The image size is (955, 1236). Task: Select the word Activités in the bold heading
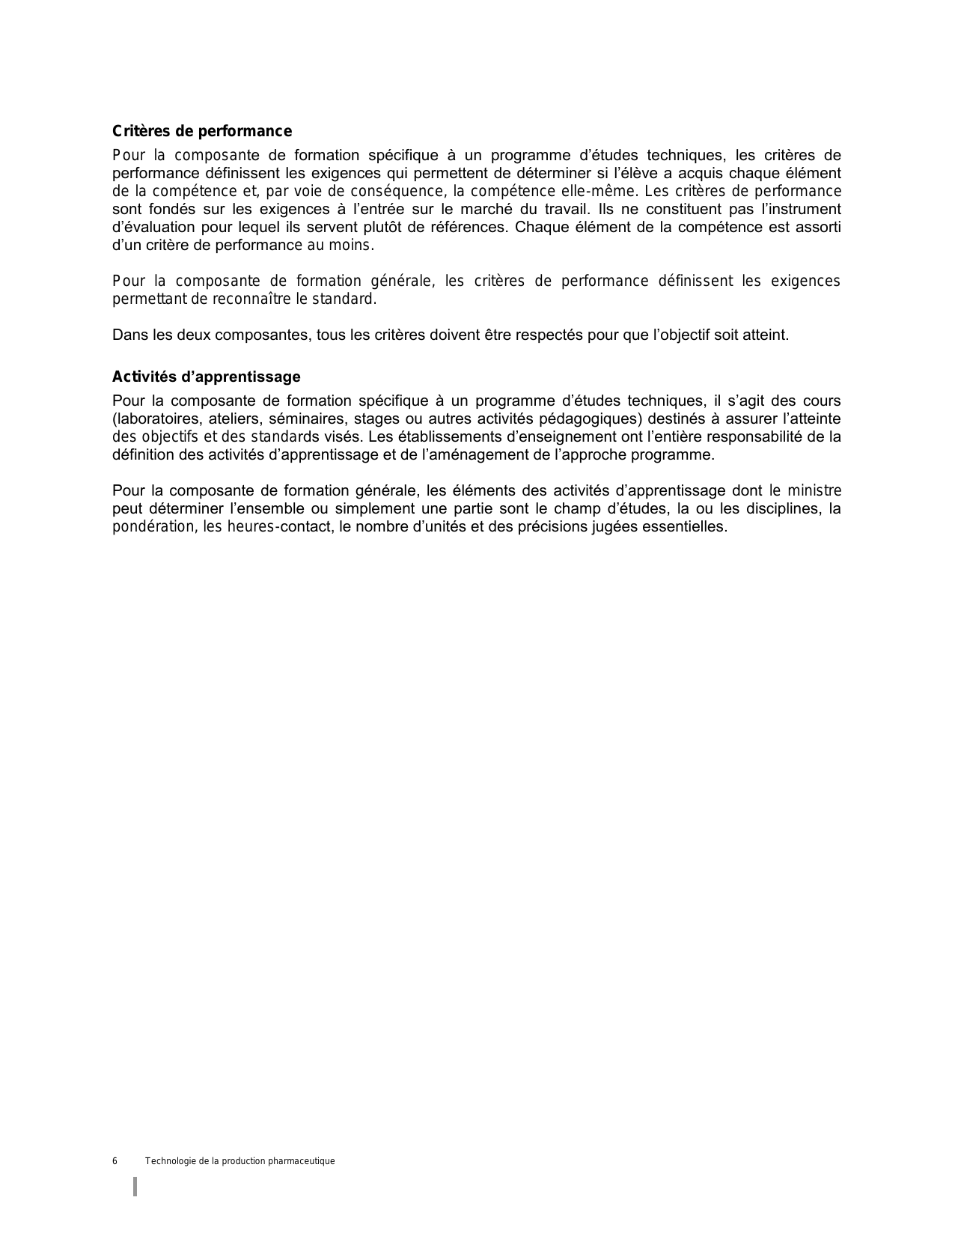pos(144,377)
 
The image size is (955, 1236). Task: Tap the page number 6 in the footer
pos(115,1161)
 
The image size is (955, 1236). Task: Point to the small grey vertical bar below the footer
pos(135,1186)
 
